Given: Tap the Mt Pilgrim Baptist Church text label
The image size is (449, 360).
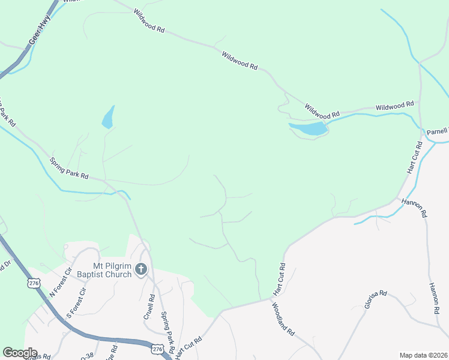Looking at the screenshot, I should (x=112, y=271).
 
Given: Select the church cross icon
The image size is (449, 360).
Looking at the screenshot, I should (x=141, y=269).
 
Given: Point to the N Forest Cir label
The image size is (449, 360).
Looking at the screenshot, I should (x=60, y=282).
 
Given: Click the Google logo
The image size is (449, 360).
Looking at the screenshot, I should (x=20, y=353).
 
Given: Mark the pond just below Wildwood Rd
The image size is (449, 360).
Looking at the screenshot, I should (x=309, y=128).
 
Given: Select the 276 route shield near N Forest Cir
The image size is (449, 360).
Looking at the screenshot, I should (x=34, y=281).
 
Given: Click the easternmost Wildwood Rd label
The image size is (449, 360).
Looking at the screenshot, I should (x=395, y=106).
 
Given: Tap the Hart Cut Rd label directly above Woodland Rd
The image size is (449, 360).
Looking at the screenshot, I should (x=279, y=279).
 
